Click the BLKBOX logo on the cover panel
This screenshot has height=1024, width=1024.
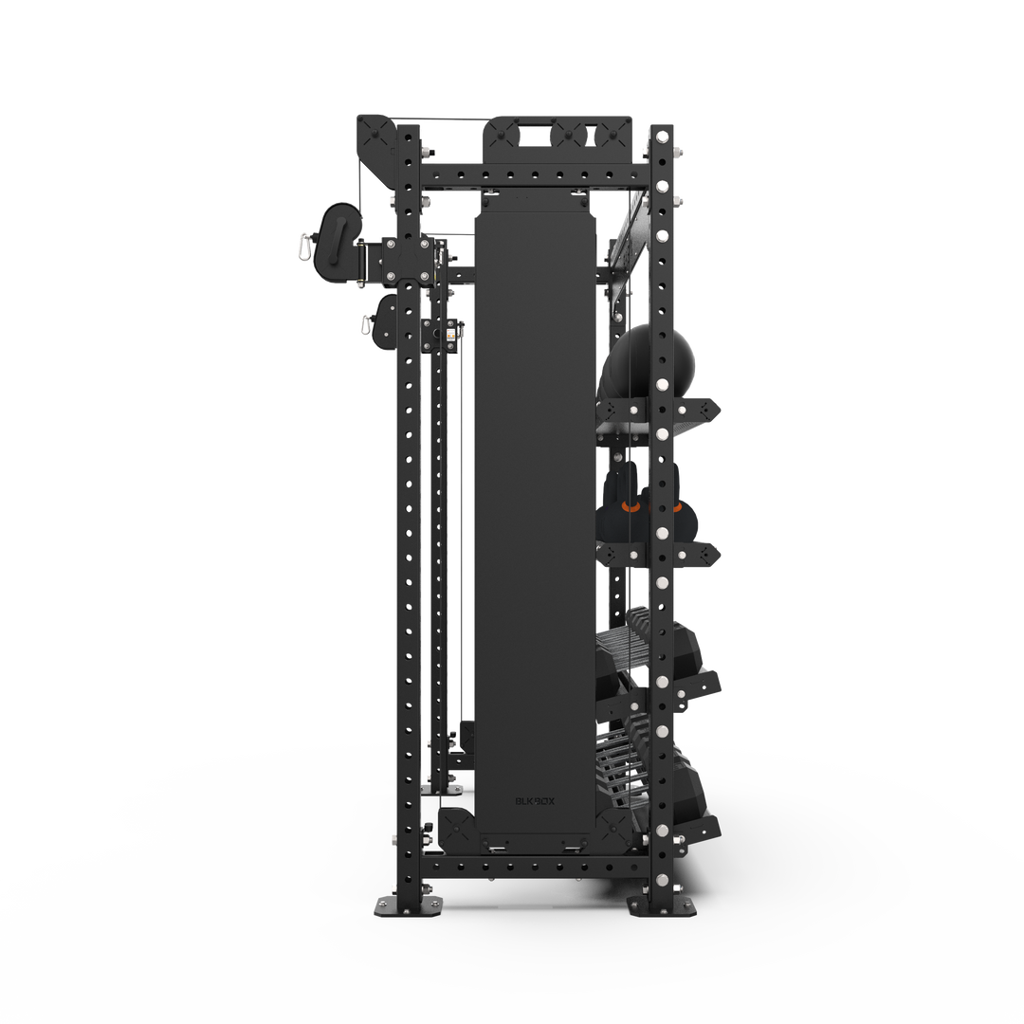536,800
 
